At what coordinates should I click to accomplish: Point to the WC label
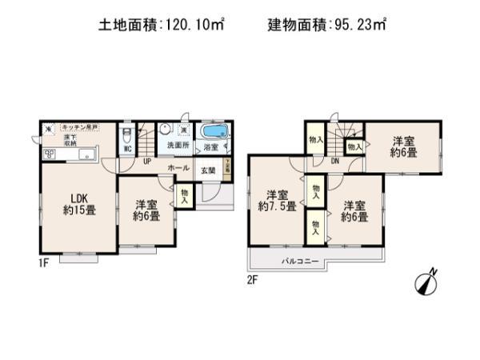click(127, 148)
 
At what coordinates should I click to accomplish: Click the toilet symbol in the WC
click(127, 134)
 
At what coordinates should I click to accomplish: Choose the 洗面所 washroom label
click(177, 147)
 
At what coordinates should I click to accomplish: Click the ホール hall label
click(178, 169)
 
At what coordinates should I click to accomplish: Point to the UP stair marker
click(147, 161)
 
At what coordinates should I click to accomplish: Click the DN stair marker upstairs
click(334, 161)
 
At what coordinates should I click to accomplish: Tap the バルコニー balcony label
click(300, 262)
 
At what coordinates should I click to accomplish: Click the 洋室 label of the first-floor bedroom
click(146, 204)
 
